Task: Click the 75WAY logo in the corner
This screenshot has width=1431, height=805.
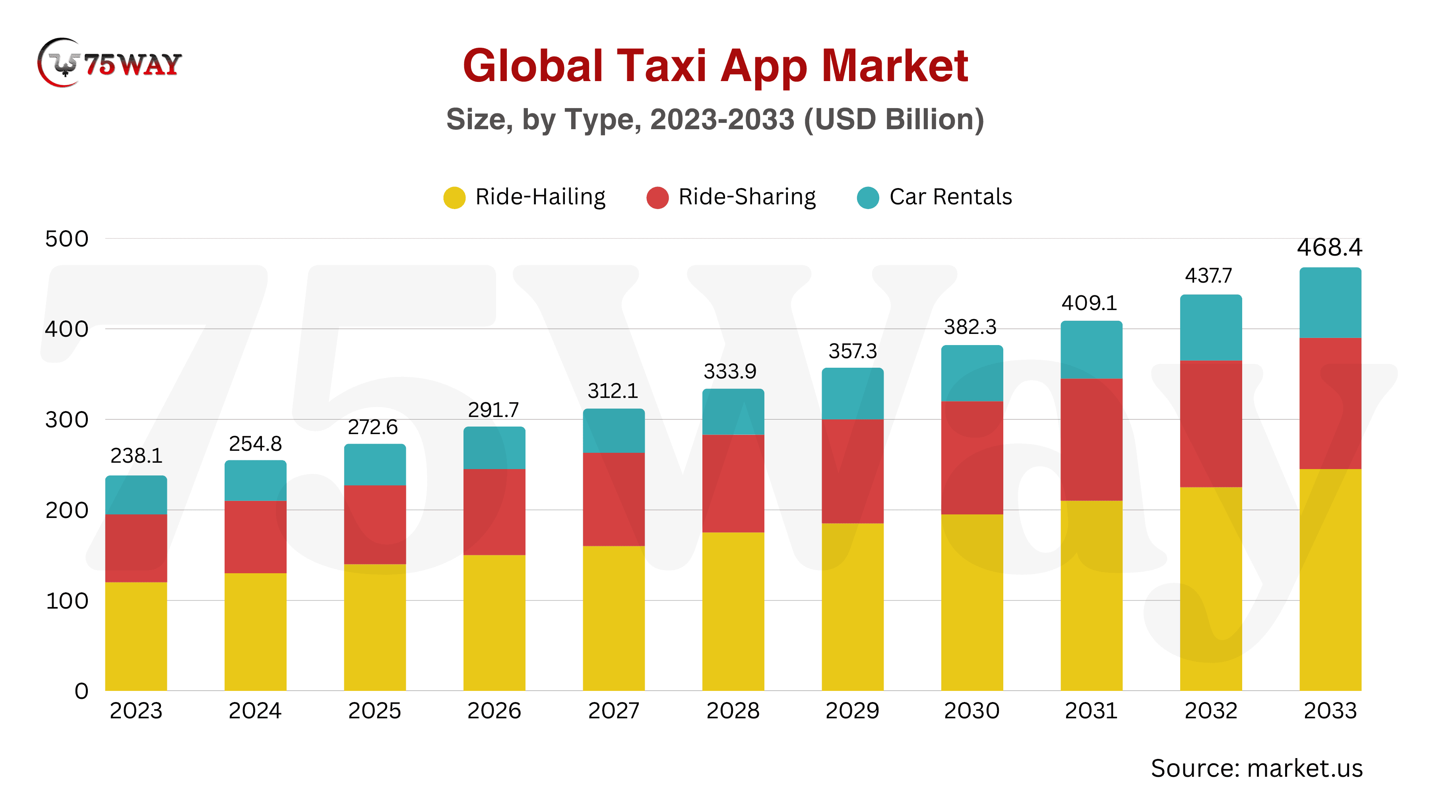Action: click(109, 63)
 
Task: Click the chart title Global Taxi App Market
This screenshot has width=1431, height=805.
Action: click(715, 66)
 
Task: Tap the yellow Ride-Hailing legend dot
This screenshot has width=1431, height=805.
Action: click(454, 197)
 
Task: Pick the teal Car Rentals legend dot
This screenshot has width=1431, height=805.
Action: click(868, 197)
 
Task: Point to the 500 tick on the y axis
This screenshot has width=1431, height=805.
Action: click(67, 239)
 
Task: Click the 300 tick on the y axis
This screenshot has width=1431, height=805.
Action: click(67, 419)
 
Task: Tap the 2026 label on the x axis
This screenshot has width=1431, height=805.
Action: click(494, 710)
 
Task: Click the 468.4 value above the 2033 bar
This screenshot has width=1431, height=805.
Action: click(1329, 247)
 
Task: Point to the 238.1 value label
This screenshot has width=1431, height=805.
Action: click(136, 456)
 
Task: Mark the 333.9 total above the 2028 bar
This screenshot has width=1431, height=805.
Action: click(730, 371)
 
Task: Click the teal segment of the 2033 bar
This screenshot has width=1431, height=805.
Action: click(1330, 303)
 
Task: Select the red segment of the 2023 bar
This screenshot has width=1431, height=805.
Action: click(136, 548)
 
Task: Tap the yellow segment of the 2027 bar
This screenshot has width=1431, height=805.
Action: click(613, 618)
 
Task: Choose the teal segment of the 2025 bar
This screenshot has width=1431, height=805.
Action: click(375, 464)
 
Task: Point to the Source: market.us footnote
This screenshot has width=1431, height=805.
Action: click(1256, 768)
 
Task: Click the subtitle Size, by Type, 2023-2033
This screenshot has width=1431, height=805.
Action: click(715, 119)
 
